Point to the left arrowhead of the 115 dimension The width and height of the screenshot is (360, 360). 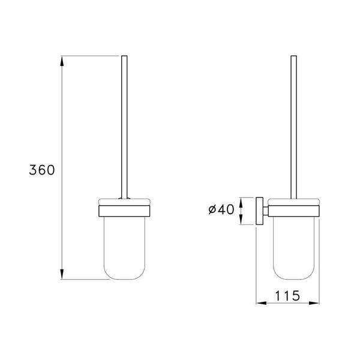coord(260,304)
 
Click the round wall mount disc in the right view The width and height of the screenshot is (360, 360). coord(260,211)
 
